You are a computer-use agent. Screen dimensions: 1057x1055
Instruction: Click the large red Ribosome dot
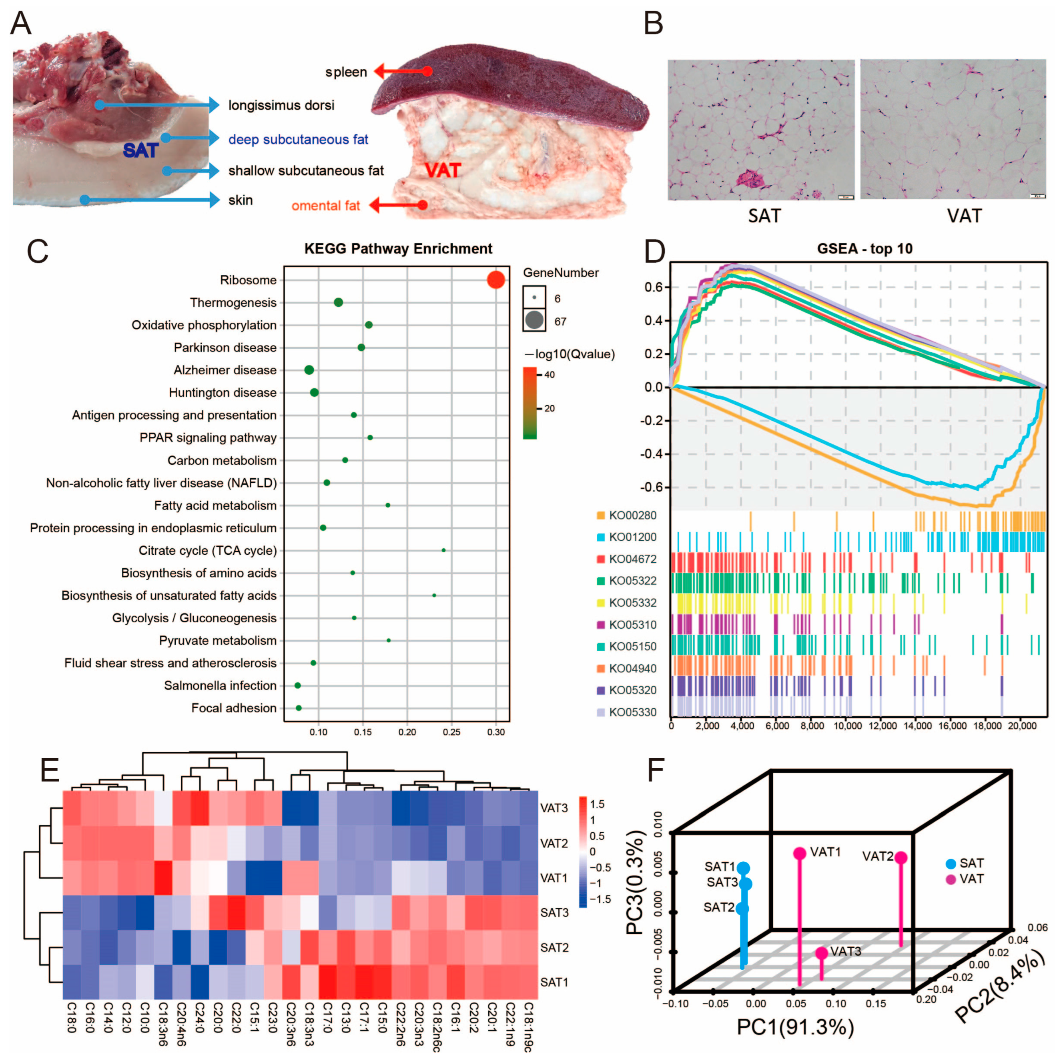pyautogui.click(x=495, y=280)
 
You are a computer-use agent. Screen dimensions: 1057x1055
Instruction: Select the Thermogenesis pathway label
pyautogui.click(x=233, y=303)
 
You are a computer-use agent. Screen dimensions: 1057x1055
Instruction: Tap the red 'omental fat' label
pyautogui.click(x=325, y=206)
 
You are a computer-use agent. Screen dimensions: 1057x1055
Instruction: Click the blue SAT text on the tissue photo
pyautogui.click(x=141, y=150)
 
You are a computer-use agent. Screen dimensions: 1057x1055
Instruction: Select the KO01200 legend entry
pyautogui.click(x=632, y=537)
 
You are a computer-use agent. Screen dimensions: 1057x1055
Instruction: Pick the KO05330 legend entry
pyautogui.click(x=632, y=712)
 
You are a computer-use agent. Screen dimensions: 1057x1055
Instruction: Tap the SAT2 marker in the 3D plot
pyautogui.click(x=742, y=909)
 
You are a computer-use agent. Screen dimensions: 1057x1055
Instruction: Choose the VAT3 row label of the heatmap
pyautogui.click(x=554, y=808)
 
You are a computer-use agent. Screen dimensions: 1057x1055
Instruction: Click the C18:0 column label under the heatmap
pyautogui.click(x=71, y=1018)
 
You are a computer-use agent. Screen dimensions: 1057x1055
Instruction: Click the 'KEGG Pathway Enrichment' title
pyautogui.click(x=398, y=249)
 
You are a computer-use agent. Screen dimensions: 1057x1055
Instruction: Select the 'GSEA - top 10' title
pyautogui.click(x=864, y=249)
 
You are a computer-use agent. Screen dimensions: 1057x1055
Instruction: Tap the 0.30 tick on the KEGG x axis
pyautogui.click(x=495, y=732)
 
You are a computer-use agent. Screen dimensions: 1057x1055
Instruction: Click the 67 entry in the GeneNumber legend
pyautogui.click(x=560, y=322)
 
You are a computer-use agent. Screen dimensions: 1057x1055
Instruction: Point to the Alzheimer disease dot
pyautogui.click(x=309, y=370)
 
